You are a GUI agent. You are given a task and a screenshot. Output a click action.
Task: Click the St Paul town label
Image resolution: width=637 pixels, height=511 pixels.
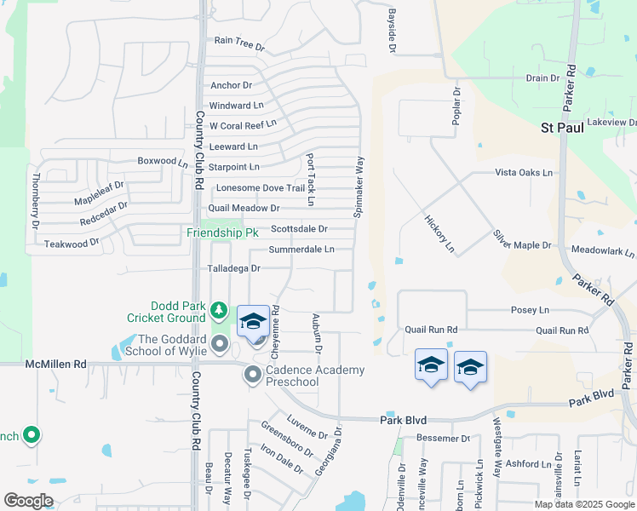(x=565, y=129)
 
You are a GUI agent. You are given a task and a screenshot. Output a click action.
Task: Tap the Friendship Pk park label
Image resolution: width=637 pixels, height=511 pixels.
(x=222, y=233)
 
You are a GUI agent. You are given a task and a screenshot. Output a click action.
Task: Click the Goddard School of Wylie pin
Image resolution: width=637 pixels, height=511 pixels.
(x=221, y=345)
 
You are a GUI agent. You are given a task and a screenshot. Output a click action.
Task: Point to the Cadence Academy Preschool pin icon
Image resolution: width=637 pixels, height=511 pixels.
(x=253, y=375)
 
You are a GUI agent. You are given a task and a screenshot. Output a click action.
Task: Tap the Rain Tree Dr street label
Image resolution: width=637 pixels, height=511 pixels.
(x=239, y=40)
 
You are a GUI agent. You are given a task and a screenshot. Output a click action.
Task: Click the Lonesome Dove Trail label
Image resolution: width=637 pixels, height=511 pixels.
(x=261, y=188)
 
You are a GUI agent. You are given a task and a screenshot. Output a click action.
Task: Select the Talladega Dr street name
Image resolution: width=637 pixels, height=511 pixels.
(x=233, y=268)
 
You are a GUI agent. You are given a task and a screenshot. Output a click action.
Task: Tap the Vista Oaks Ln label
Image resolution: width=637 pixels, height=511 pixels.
(x=524, y=172)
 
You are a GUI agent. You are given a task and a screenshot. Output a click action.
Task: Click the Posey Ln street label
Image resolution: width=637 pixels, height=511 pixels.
(x=530, y=311)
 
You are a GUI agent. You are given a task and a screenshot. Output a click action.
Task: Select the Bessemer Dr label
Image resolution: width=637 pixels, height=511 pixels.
(x=443, y=439)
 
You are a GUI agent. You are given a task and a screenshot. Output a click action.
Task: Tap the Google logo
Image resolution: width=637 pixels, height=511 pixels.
(x=28, y=501)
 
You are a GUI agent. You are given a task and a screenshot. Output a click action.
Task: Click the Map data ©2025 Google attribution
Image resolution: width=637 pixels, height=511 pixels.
(x=584, y=504)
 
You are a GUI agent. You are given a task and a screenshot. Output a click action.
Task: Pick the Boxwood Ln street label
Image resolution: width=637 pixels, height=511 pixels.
(x=163, y=161)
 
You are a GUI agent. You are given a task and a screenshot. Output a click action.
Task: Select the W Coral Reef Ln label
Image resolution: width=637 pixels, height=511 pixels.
(x=243, y=125)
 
